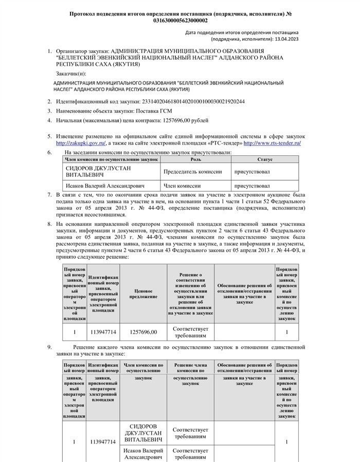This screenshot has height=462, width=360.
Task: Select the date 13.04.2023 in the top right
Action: coord(285,39)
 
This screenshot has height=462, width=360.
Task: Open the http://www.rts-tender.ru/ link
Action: coord(272,143)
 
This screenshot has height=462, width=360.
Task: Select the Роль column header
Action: coord(195,160)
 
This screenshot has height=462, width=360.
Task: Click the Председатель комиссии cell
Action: coord(193,171)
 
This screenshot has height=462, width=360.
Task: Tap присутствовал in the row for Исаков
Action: coord(251,186)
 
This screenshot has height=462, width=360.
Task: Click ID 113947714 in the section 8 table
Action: coord(103,332)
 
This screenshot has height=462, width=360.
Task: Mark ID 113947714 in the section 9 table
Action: coord(103,441)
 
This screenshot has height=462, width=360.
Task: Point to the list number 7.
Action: coord(49,195)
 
